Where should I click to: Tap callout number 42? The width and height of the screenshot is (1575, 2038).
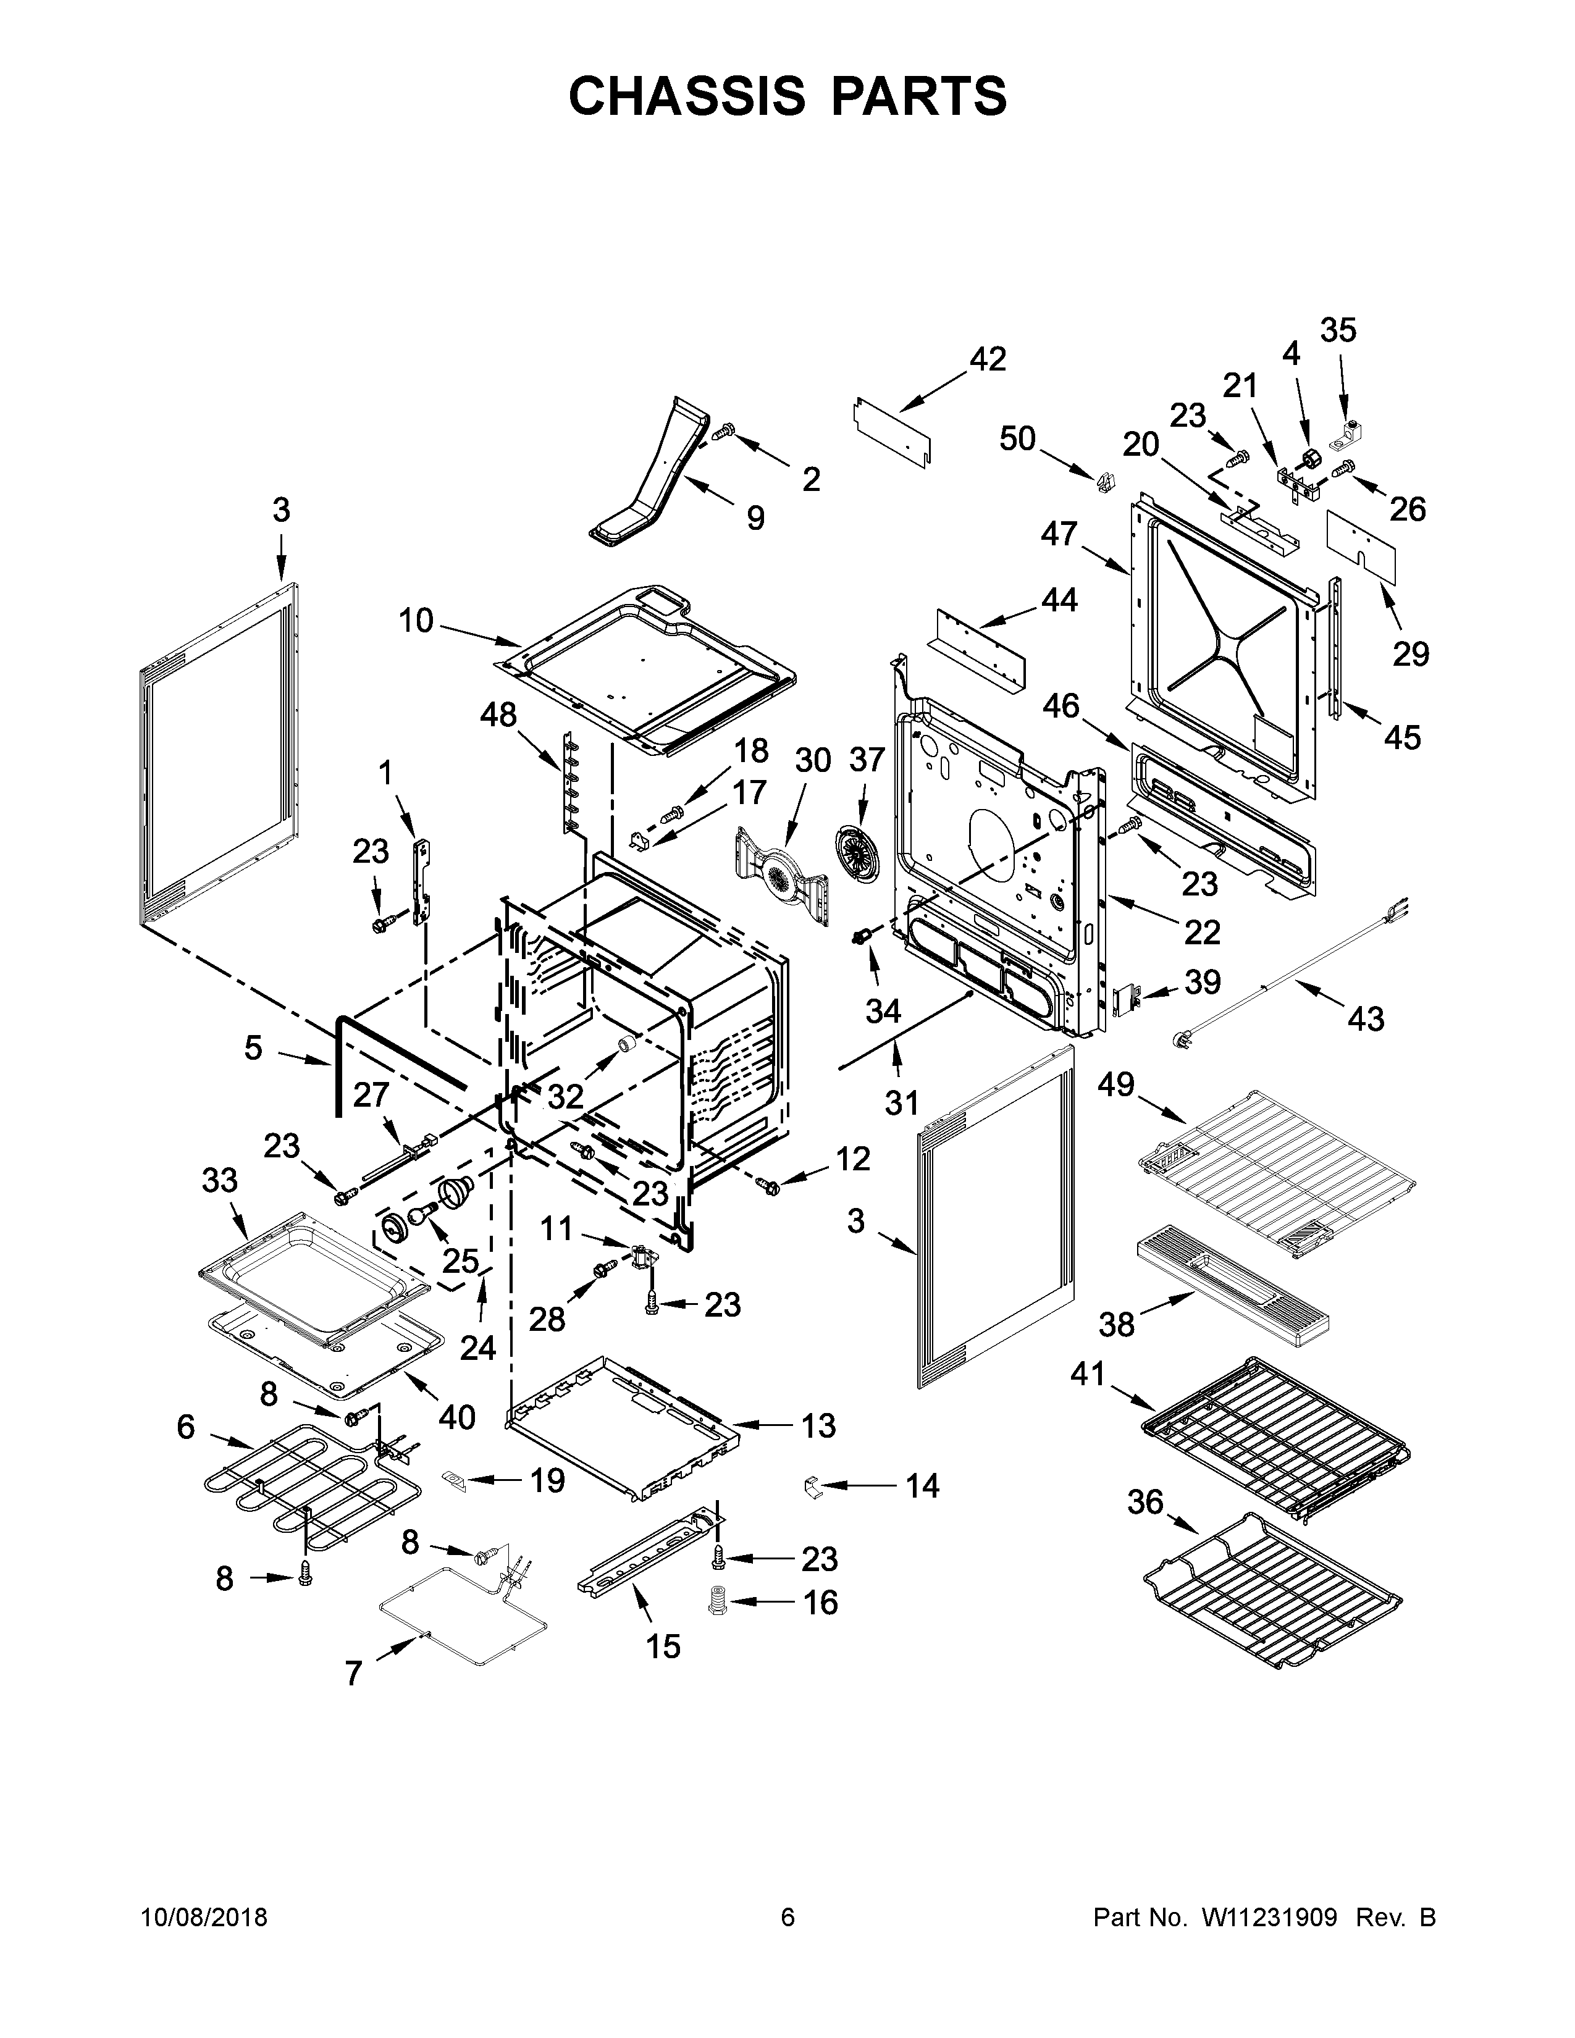point(988,359)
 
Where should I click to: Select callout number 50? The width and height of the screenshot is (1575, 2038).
point(1017,438)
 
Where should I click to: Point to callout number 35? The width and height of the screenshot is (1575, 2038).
point(1338,330)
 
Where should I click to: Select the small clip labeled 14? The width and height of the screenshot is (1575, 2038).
point(811,1485)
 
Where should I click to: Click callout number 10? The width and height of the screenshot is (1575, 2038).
point(416,619)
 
